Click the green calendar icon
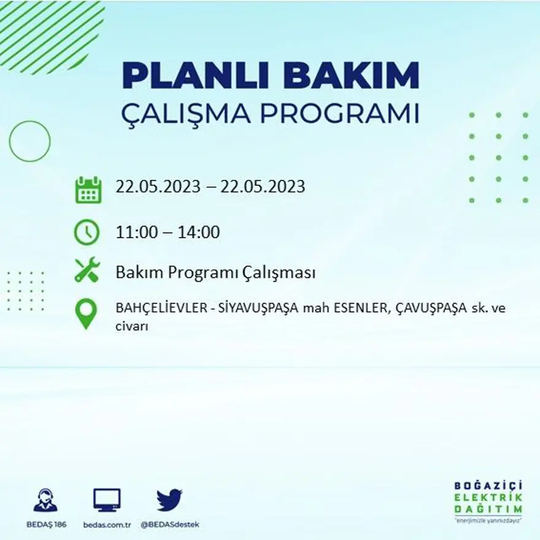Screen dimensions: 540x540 coord(88,190)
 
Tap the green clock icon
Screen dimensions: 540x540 coord(87,232)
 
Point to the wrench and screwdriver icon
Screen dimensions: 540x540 coord(87,270)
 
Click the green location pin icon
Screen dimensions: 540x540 coord(86,313)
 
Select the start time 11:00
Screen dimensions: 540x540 coord(138,233)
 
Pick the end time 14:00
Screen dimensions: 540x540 coord(199,233)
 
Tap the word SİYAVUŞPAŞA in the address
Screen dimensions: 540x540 coord(253,309)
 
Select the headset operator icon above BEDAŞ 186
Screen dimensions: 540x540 coord(45,500)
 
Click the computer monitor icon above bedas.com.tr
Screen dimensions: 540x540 coord(107,500)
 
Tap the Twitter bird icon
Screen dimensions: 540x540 coord(169,499)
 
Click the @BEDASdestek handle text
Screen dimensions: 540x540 coord(170,525)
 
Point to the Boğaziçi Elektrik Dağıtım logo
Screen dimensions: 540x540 coord(488,501)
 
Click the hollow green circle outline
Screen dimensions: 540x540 coord(29,141)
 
